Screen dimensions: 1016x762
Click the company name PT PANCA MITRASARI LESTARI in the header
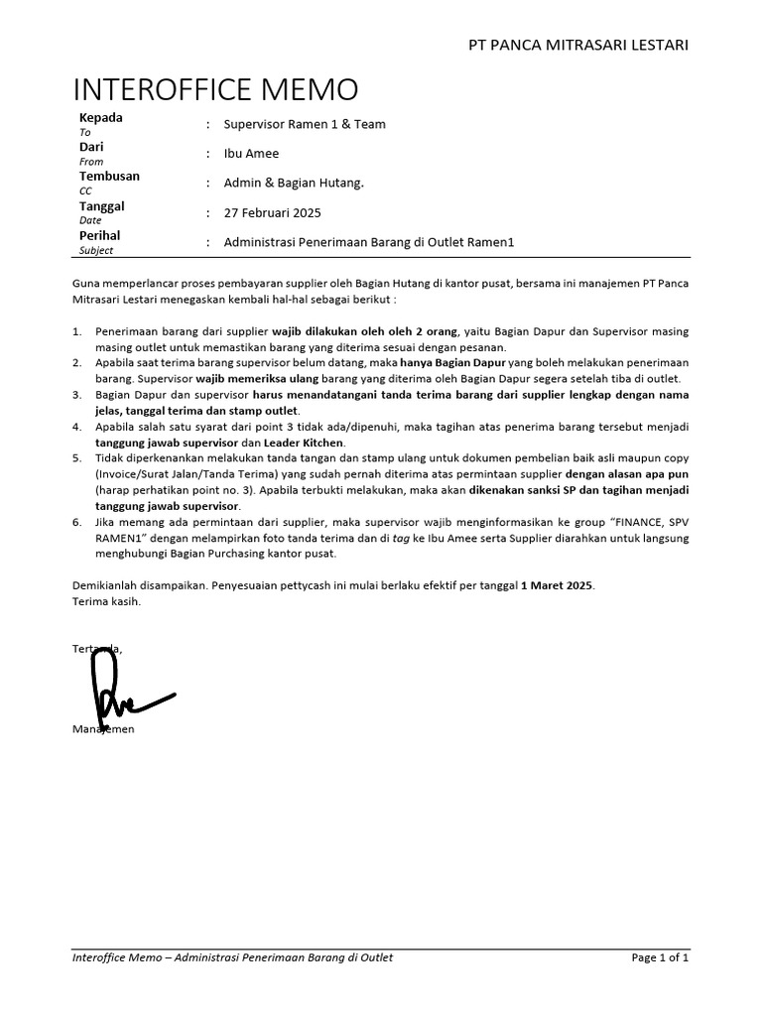tap(578, 45)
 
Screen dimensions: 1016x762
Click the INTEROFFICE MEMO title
tap(215, 89)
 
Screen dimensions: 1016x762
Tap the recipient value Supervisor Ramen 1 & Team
tap(305, 124)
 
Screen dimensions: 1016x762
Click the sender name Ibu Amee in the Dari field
tap(252, 154)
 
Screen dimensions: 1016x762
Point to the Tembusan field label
tap(109, 176)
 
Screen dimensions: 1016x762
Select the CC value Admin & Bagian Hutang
tap(294, 184)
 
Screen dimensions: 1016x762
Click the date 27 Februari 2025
tap(272, 212)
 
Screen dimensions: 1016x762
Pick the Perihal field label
tap(99, 235)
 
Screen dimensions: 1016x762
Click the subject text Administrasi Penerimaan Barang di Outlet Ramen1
tap(370, 242)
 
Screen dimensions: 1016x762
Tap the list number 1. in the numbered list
tap(77, 330)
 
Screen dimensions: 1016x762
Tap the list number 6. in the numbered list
tap(77, 522)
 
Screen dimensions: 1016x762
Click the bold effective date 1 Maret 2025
tap(557, 585)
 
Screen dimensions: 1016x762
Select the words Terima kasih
tap(107, 601)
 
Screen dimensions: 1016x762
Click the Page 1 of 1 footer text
tap(659, 957)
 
